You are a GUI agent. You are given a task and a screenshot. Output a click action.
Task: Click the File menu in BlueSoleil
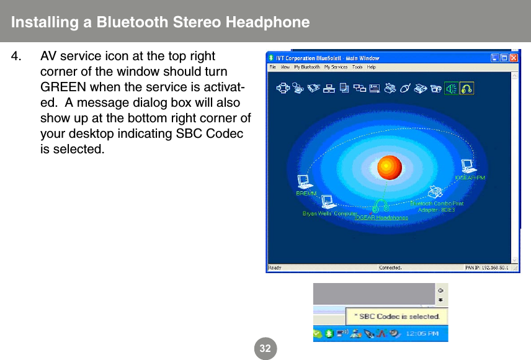[272, 67]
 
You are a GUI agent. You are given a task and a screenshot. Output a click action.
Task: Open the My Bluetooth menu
[307, 67]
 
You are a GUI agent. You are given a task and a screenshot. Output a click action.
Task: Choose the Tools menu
[357, 67]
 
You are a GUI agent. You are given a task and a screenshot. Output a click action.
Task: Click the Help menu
[372, 67]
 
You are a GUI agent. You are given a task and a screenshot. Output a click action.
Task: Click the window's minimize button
[496, 58]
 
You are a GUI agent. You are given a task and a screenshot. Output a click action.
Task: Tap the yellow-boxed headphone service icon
[466, 89]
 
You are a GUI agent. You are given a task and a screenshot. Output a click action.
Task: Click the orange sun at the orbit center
[390, 166]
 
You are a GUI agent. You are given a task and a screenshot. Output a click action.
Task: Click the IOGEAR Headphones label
[381, 218]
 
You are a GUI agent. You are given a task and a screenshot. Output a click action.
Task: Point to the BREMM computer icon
[305, 181]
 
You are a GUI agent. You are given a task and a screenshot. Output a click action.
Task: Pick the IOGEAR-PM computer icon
[468, 166]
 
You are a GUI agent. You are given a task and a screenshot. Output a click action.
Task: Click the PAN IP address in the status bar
[486, 268]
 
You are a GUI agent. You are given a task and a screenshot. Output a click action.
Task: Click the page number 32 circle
[265, 348]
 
